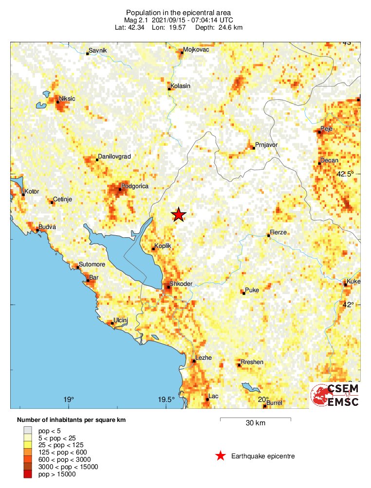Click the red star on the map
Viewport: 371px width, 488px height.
tap(179, 214)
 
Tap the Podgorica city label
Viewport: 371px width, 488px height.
tap(135, 186)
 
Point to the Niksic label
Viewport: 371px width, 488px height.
tap(67, 99)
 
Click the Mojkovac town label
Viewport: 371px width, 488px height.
tap(195, 50)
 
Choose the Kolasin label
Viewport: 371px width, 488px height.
tap(180, 86)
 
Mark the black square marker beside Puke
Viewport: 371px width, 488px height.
tap(243, 293)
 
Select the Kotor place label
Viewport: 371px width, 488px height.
tap(32, 192)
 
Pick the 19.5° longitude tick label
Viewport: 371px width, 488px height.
tap(167, 400)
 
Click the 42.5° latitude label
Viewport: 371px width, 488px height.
tap(344, 174)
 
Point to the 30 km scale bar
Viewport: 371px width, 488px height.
tap(255, 418)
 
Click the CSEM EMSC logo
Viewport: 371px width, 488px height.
tap(335, 395)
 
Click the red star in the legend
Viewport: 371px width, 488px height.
tap(221, 456)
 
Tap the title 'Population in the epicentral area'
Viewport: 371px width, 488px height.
tap(178, 12)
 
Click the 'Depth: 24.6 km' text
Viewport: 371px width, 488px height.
tap(219, 27)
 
